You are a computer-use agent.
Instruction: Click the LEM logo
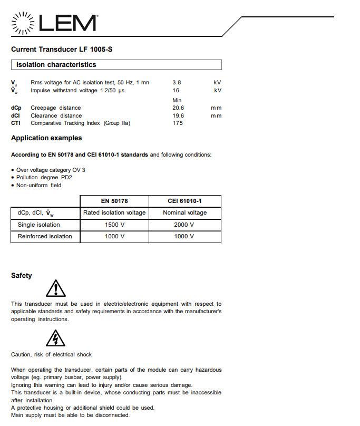click(54, 23)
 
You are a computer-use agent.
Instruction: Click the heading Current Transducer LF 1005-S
click(62, 50)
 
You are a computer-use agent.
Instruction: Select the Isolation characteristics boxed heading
click(56, 65)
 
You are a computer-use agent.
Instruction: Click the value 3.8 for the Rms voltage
click(177, 82)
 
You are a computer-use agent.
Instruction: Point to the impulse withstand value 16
click(176, 90)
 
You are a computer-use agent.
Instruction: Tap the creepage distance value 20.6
click(178, 108)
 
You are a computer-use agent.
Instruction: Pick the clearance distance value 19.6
click(178, 115)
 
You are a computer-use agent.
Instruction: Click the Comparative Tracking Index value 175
click(178, 123)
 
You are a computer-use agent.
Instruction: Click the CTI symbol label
click(16, 123)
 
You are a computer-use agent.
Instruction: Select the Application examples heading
click(46, 138)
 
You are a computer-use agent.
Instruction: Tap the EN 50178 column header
click(114, 201)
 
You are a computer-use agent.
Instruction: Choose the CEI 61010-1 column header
click(184, 201)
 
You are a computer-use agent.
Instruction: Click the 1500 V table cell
click(114, 225)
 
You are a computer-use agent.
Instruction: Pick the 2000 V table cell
click(184, 225)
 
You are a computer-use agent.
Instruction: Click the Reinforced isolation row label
click(45, 236)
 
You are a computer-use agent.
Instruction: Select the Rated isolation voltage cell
click(114, 212)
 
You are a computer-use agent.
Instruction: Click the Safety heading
click(22, 276)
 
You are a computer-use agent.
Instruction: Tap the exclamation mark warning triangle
click(55, 289)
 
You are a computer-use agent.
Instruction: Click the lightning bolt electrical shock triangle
click(55, 338)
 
